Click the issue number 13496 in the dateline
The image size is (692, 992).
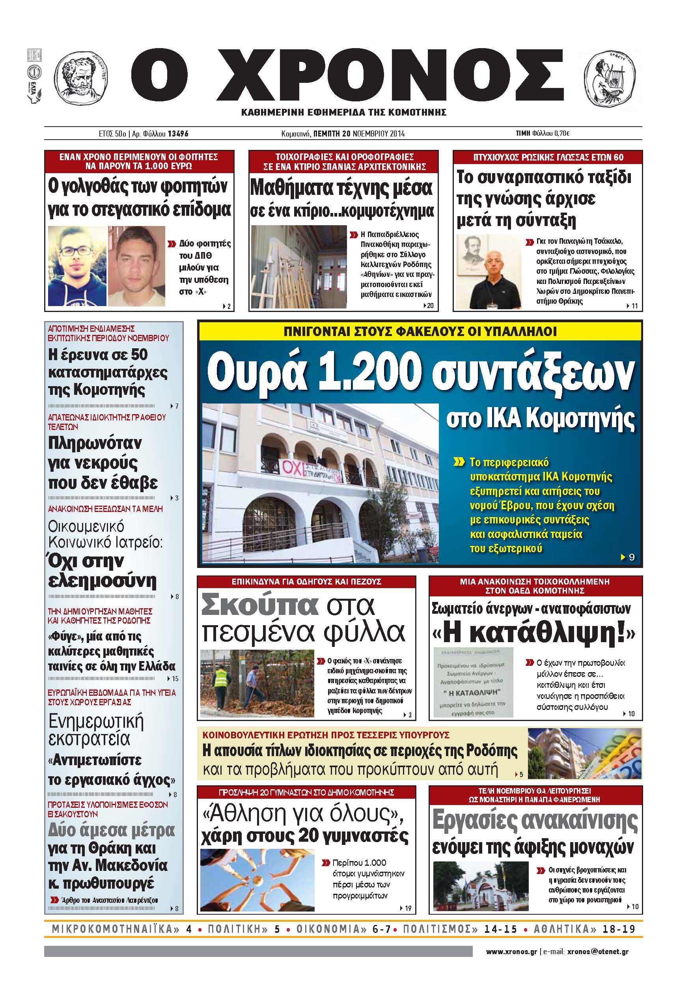click(178, 133)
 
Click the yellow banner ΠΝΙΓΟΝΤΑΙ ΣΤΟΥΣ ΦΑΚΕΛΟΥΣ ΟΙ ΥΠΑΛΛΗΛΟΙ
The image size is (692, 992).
click(420, 331)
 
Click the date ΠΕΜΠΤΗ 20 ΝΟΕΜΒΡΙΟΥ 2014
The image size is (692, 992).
click(358, 133)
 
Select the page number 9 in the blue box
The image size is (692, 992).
click(632, 557)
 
